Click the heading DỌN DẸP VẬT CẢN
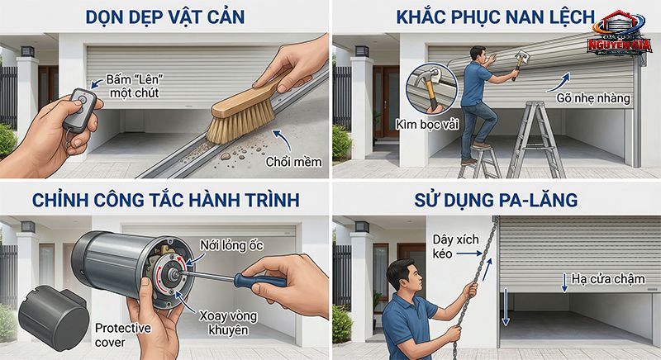[165, 17]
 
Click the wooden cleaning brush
[240, 111]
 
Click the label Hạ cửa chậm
[607, 278]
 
